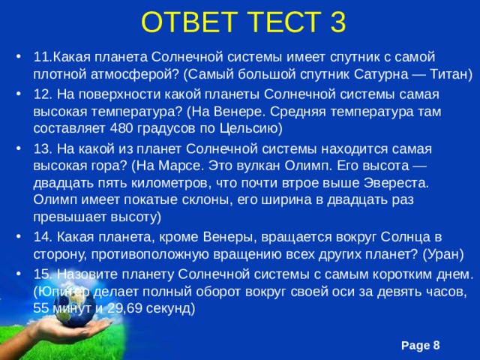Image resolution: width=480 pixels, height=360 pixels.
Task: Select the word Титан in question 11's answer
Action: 447,75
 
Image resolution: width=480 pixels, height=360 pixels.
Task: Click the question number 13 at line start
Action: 41,148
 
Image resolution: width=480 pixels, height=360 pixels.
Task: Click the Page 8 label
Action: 421,344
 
